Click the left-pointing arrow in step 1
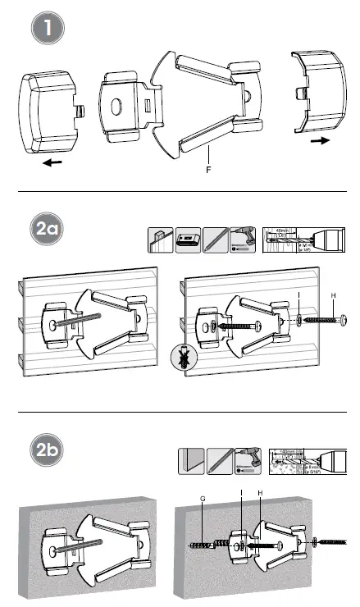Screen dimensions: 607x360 pos(52,162)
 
